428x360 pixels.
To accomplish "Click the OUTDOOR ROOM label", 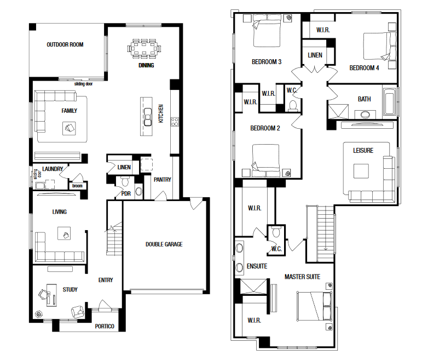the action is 65,44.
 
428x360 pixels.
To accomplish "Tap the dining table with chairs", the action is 144,49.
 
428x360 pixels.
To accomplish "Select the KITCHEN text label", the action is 161,113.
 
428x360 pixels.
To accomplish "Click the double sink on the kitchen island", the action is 148,117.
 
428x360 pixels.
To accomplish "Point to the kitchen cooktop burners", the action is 175,122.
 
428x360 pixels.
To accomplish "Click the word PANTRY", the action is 163,180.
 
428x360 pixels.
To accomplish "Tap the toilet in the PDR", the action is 125,181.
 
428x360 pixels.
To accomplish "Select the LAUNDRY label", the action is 53,169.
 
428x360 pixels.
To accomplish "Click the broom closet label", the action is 77,186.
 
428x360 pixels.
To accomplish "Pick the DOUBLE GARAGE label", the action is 164,244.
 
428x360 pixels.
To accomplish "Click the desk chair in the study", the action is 43,294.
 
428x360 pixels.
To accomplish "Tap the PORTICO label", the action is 105,326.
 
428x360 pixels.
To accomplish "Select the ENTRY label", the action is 106,280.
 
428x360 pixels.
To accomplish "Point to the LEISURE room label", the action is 363,150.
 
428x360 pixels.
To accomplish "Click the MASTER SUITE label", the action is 303,277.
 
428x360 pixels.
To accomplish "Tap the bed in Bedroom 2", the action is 266,161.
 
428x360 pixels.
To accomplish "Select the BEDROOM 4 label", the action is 365,68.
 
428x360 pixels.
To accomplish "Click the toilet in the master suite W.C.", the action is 276,232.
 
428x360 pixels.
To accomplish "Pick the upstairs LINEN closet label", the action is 315,55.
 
